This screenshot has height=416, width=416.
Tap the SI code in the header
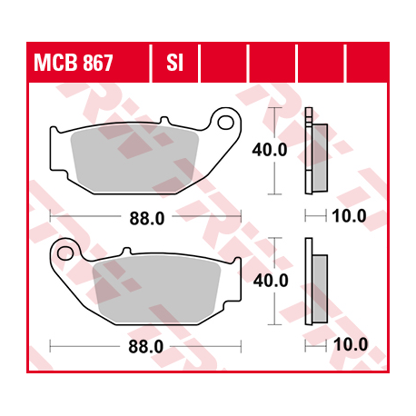(174, 64)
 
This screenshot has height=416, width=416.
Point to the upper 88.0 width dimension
(146, 217)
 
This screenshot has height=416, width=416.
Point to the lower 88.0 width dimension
(146, 346)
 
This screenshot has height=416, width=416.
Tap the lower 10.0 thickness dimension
(349, 345)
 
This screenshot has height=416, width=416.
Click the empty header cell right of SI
(223, 64)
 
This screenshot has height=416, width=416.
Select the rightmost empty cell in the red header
(370, 64)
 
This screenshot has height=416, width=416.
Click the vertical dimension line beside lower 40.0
(273, 309)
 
